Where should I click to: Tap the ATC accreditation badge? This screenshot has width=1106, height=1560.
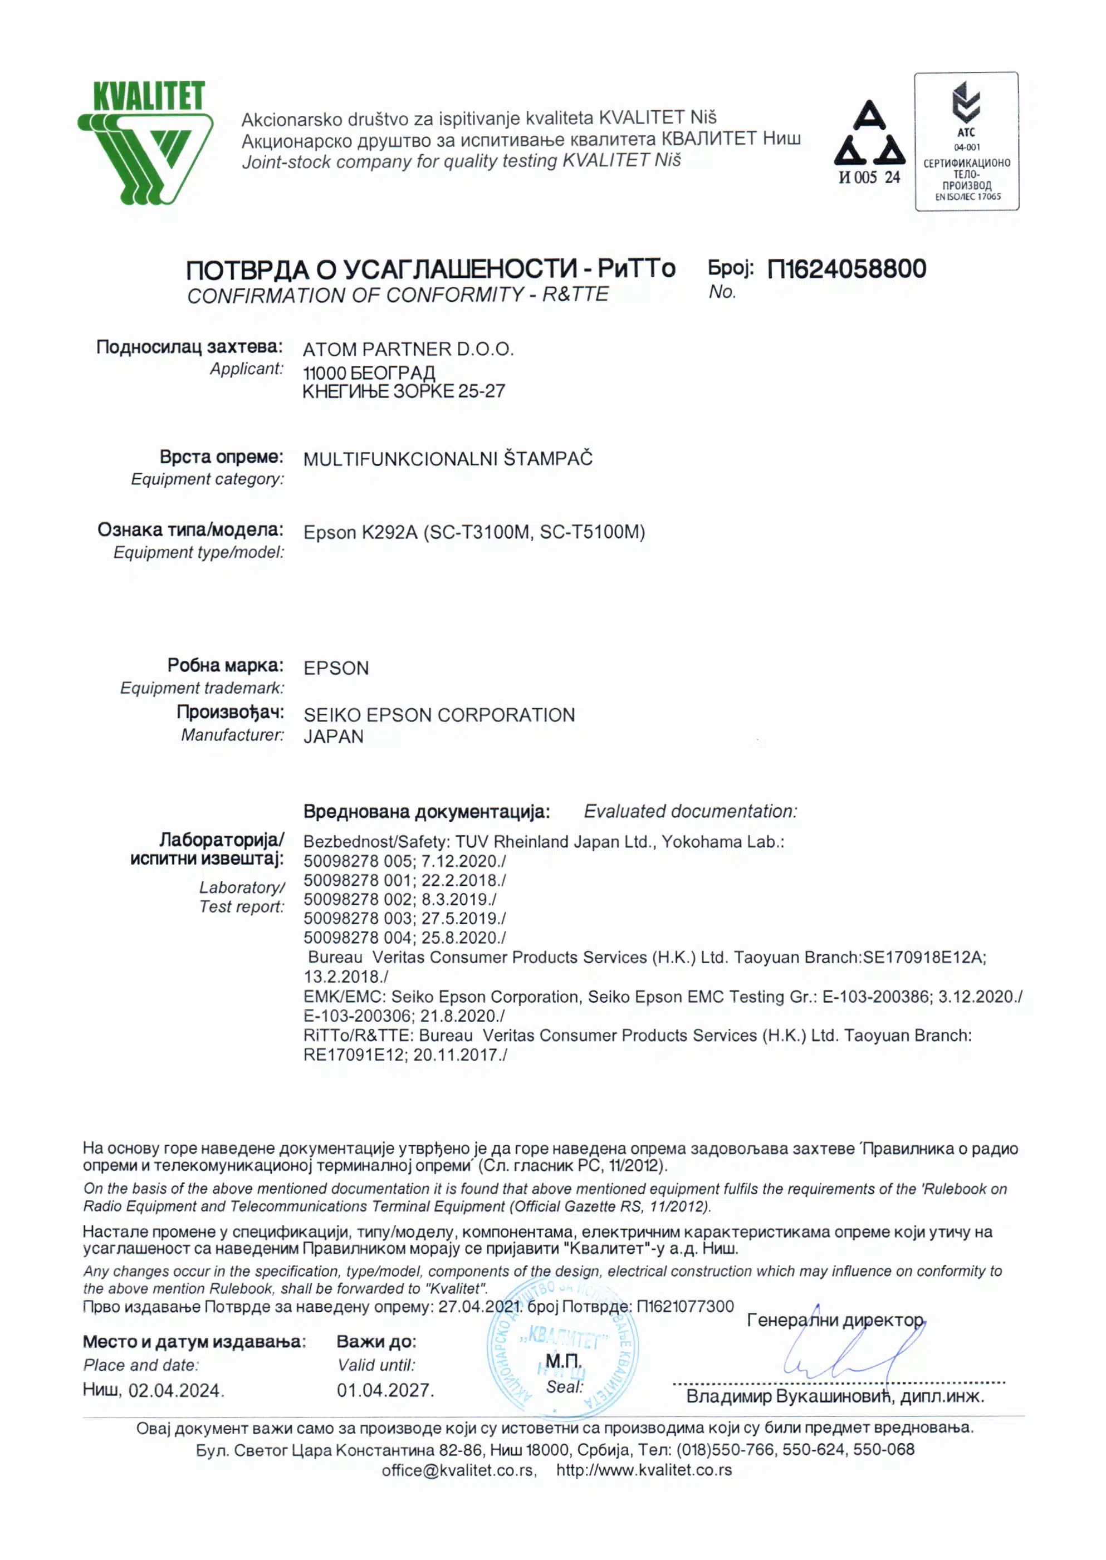[966, 141]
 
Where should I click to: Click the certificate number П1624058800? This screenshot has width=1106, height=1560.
[846, 269]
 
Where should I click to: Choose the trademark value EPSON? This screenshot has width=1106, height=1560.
[336, 668]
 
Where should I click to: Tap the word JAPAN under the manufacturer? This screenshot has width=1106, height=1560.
[333, 737]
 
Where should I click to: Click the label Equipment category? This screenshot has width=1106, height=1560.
[208, 479]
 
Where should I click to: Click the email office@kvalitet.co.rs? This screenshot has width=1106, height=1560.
[458, 1470]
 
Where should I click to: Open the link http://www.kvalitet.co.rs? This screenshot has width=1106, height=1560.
[644, 1470]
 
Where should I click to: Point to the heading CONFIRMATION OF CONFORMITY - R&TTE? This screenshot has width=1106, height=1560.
[398, 296]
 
